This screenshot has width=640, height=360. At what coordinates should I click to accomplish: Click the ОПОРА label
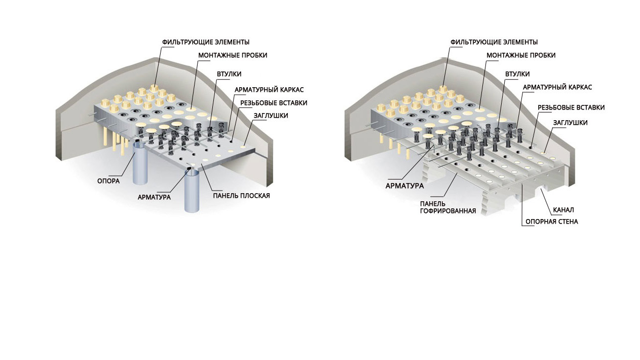click(x=108, y=181)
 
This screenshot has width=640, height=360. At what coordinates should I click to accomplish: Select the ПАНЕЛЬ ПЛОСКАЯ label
click(x=241, y=196)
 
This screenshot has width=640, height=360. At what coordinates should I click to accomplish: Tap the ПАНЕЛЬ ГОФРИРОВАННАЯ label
click(x=448, y=207)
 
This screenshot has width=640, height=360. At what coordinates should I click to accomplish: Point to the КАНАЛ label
click(x=563, y=210)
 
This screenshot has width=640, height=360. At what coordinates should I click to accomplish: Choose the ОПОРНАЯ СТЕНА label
click(x=552, y=222)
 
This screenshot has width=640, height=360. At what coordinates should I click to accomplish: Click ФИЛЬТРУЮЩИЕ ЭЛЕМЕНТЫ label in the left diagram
click(x=206, y=42)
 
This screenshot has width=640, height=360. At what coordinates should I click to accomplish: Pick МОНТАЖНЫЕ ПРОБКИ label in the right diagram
click(x=521, y=55)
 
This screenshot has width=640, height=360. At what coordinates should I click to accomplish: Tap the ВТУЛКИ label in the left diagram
click(x=229, y=74)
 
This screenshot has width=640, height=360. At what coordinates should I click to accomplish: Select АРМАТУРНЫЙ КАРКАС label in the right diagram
click(x=557, y=87)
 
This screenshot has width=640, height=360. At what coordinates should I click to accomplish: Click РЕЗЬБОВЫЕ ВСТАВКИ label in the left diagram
click(x=274, y=103)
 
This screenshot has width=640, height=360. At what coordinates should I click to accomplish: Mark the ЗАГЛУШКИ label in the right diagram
click(x=570, y=123)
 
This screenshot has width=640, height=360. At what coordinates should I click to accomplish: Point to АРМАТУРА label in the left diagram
click(x=154, y=197)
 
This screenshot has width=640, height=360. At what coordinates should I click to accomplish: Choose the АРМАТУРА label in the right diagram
click(x=404, y=186)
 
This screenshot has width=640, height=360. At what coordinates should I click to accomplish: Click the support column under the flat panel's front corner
click(x=192, y=191)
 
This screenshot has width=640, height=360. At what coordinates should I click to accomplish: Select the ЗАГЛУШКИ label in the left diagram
click(x=271, y=116)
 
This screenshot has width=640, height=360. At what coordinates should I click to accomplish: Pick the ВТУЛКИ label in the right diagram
click(x=517, y=74)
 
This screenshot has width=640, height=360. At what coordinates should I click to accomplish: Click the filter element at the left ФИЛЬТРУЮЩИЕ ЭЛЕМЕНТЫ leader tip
click(x=154, y=88)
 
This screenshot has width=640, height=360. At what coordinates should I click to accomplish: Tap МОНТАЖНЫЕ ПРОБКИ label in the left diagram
click(x=233, y=55)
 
